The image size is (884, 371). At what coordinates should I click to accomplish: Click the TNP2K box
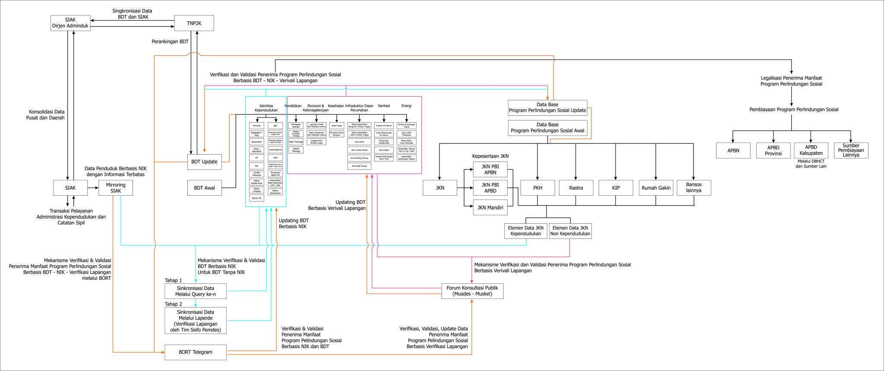click(194, 23)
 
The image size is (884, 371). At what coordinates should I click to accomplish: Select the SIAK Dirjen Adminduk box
click(70, 23)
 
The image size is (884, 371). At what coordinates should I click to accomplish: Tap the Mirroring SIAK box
click(116, 188)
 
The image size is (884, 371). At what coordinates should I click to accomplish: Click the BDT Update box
click(205, 162)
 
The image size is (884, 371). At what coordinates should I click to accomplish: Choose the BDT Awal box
click(205, 188)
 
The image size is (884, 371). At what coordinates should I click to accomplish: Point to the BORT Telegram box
click(196, 352)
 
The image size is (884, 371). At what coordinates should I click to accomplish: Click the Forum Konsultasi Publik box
click(472, 291)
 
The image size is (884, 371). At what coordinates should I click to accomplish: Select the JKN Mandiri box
click(490, 208)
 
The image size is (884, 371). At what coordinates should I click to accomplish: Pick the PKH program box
click(537, 188)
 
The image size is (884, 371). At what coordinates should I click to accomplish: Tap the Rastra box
click(576, 188)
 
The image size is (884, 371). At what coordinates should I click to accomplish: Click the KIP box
click(616, 188)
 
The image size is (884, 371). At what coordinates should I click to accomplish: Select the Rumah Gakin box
click(656, 188)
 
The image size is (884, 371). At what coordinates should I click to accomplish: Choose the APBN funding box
click(733, 151)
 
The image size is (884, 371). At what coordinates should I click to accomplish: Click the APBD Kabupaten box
click(811, 150)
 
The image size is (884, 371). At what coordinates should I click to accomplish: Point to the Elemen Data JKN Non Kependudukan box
click(570, 231)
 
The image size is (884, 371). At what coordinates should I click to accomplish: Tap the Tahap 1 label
click(173, 280)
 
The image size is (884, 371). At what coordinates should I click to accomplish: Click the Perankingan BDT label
click(170, 42)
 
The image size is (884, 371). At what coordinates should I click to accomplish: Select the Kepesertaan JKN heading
click(490, 156)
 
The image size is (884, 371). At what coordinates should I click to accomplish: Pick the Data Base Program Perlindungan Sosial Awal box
click(547, 128)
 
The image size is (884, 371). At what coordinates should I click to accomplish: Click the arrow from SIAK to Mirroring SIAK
click(93, 188)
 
